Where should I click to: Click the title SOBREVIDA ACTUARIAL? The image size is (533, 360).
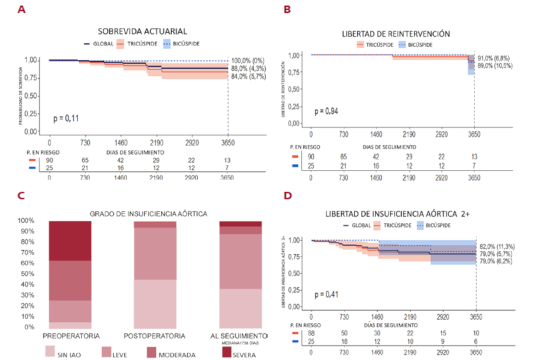(142, 31)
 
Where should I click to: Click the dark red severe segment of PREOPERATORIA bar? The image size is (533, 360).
(70, 240)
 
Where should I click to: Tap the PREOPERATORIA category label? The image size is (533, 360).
(71, 334)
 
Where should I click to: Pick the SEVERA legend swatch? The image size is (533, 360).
(207, 351)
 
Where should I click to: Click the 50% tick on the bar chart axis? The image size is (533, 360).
(28, 274)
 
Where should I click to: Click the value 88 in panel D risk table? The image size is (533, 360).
(311, 332)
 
